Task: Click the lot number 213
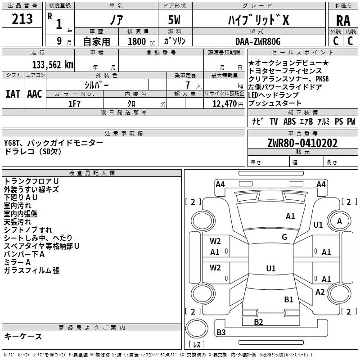tap(22, 19)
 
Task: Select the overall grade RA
tap(343, 21)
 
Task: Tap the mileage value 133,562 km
tap(53, 65)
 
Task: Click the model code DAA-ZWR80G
tap(258, 41)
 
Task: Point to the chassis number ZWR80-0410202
tap(302, 143)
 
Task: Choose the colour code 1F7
tap(74, 104)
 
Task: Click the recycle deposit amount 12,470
tap(224, 104)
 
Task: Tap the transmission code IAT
tap(13, 94)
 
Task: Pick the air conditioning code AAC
tap(35, 94)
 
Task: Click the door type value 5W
tap(174, 20)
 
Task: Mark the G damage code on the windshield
tap(284, 237)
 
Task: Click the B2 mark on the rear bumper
tap(258, 322)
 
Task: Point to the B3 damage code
tap(221, 332)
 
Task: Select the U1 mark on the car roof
tap(271, 268)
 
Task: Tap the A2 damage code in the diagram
tap(320, 292)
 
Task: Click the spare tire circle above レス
tap(197, 328)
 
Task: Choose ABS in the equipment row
tap(289, 121)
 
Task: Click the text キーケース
tap(23, 336)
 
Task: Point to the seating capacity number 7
tap(188, 85)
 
